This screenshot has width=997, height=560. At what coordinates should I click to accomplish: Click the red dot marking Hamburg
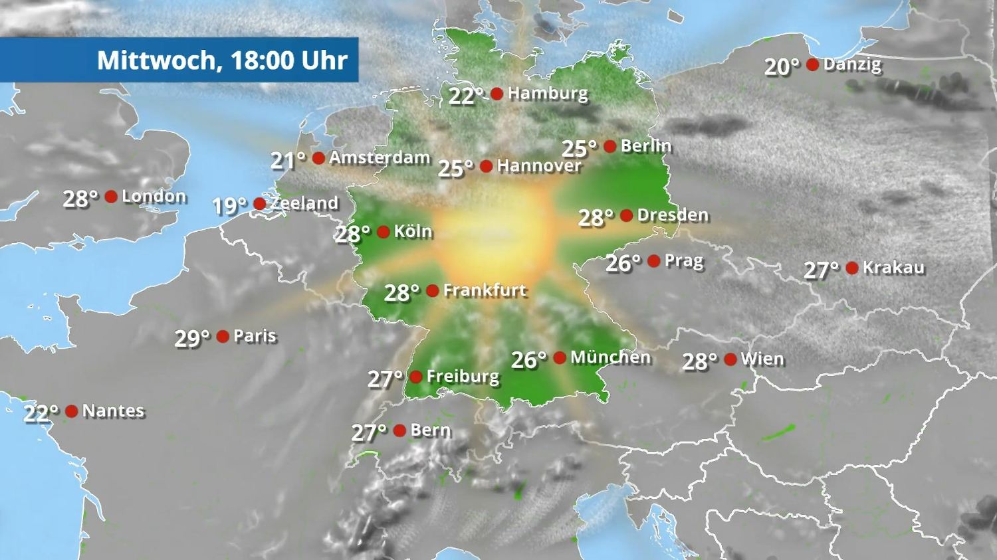[497, 94]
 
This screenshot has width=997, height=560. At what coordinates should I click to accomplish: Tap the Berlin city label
[646, 146]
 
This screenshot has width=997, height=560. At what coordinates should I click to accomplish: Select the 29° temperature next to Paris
[192, 339]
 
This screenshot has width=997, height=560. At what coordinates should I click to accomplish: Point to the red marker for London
[111, 197]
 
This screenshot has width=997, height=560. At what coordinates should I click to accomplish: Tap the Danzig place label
[852, 65]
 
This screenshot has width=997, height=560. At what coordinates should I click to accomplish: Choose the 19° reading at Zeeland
[229, 206]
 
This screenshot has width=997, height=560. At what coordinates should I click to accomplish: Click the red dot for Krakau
[852, 268]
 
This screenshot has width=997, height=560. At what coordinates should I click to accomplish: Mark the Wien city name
[762, 359]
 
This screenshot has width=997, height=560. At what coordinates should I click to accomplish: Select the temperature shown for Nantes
[41, 413]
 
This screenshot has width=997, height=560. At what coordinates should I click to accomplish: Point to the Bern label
[431, 430]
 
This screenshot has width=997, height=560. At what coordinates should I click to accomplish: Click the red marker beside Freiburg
[416, 377]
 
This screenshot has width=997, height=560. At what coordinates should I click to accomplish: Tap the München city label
[610, 357]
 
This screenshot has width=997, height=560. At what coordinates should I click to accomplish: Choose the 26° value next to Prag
[623, 264]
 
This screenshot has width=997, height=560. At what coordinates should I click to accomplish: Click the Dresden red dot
[626, 215]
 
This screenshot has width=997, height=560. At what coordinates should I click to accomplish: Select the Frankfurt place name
[485, 290]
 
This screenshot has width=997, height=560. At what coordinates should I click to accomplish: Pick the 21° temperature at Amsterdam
[288, 160]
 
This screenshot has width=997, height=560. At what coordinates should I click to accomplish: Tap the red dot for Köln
[384, 232]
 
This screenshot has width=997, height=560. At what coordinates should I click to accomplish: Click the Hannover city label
[539, 166]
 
